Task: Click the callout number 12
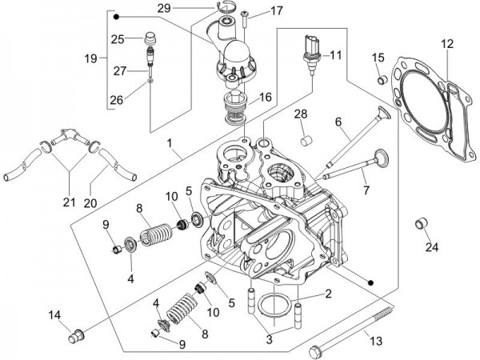pos(446,44)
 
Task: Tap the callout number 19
pos(90,58)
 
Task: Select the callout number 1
pos(170,145)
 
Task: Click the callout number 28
pos(300,114)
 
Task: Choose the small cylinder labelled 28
pos(304,142)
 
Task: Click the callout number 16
pos(263,97)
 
